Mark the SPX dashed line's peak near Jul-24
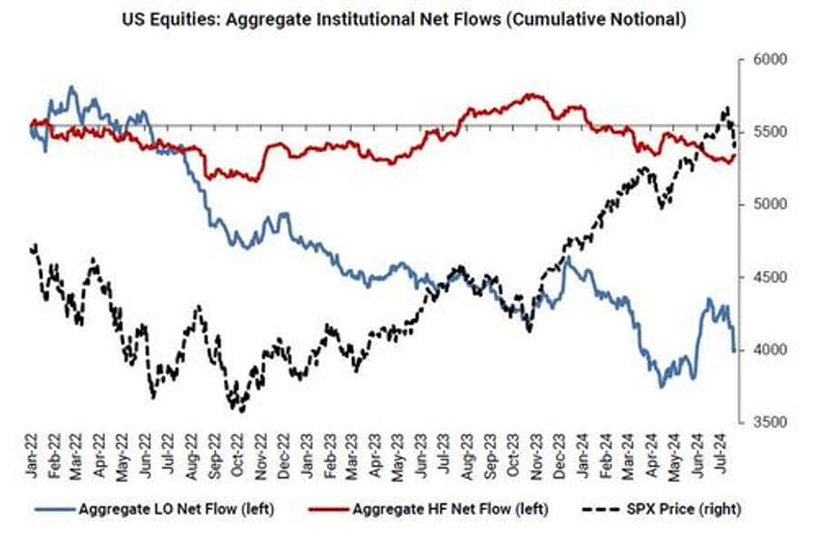pos(725,107)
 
